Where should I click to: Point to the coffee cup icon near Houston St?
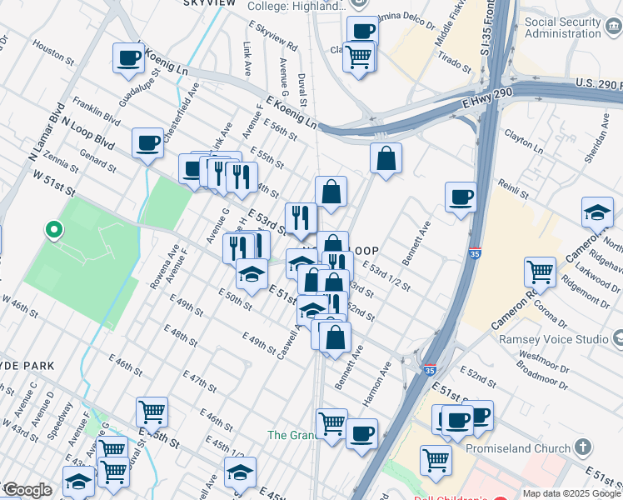(x=129, y=57)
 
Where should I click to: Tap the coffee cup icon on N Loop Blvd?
(x=147, y=142)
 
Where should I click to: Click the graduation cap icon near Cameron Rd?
(x=597, y=212)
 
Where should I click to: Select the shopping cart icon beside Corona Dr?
(x=540, y=271)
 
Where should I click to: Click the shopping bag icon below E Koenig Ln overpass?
(x=386, y=159)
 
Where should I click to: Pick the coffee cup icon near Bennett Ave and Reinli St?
(x=461, y=197)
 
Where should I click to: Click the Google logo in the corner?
(x=27, y=490)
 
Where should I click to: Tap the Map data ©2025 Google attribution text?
(x=572, y=493)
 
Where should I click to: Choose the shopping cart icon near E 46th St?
(x=152, y=411)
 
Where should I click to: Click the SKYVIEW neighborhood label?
(x=208, y=3)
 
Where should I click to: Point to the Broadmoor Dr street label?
(x=541, y=374)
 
